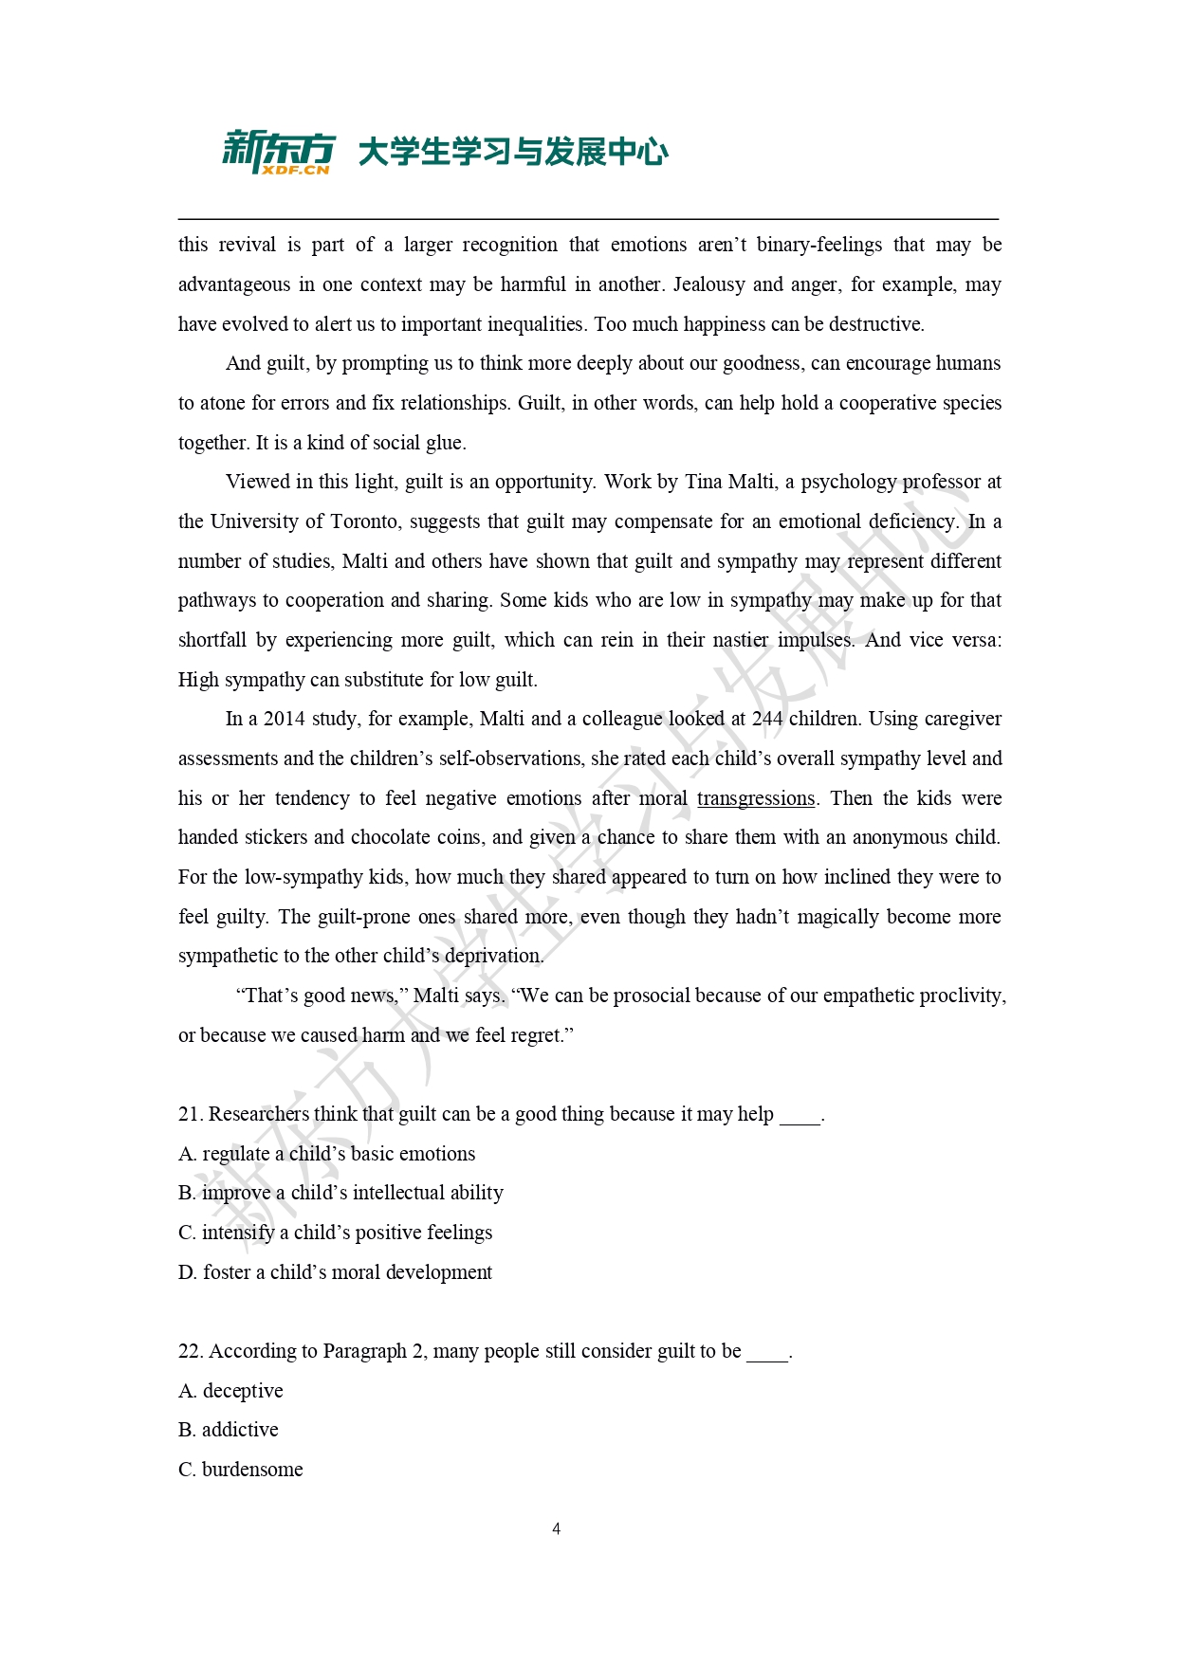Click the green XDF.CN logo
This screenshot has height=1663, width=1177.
pos(278,153)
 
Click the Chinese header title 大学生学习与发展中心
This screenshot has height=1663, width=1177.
pos(513,152)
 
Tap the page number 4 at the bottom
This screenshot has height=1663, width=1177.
pos(556,1528)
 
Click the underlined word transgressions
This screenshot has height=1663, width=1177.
pos(756,798)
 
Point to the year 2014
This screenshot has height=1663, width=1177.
pos(285,719)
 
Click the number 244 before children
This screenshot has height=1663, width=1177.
pos(767,719)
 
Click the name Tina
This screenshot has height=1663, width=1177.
pos(703,482)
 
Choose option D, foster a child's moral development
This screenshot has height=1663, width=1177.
pos(336,1272)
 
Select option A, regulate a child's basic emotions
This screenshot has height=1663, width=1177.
pos(327,1154)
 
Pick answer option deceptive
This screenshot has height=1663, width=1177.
pos(242,1391)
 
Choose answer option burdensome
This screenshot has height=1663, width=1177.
pos(251,1470)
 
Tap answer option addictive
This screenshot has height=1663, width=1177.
pos(240,1430)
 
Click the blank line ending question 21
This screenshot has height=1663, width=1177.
pos(800,1116)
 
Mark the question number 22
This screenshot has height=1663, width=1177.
pos(190,1351)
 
